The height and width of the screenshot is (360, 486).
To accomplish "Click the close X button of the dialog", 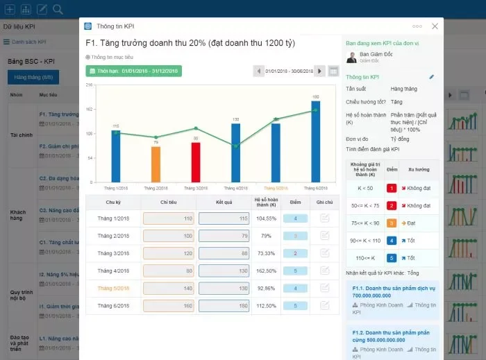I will pos(435,26).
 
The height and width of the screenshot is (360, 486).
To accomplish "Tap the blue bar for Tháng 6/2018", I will pos(316,142).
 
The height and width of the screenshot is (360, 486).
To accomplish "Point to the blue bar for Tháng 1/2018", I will pos(115,155).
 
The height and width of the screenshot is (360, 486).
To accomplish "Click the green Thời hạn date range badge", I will pos(133,71).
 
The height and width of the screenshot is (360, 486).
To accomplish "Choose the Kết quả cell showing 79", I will pos(224,235).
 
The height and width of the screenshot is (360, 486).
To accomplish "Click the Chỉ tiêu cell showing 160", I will pos(168,305).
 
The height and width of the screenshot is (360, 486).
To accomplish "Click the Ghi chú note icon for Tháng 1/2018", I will pos(324,218).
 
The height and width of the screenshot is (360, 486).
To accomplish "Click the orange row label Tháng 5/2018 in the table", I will pos(113,288).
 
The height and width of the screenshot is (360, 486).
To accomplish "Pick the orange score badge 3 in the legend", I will pos(392,223).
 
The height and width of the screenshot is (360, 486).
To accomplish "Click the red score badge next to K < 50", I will pos(392,188).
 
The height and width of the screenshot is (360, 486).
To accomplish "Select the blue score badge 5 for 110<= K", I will pos(392,257).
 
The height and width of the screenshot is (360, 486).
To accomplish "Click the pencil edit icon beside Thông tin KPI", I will pos(431,77).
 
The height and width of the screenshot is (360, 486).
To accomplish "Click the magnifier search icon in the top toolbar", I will pos(58,9).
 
